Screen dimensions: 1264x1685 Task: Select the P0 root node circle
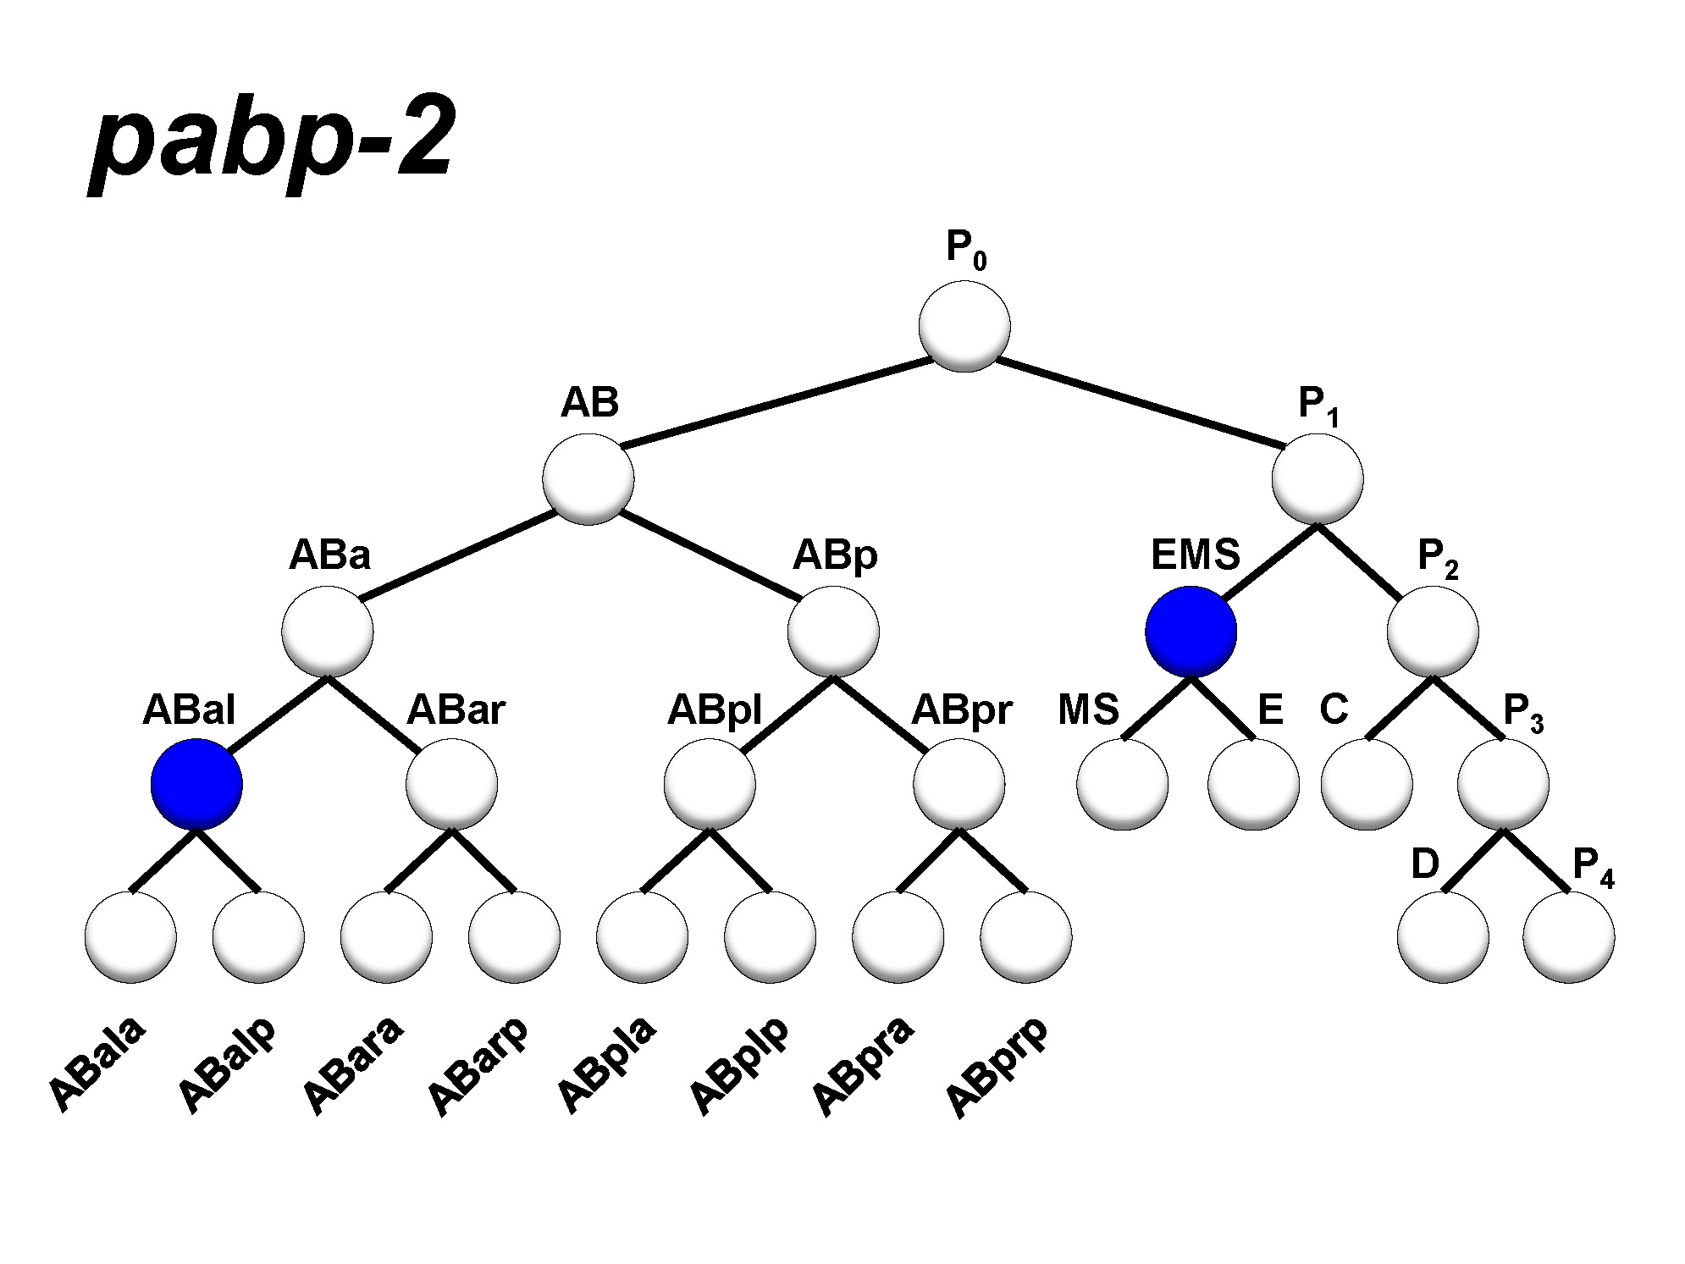(x=964, y=326)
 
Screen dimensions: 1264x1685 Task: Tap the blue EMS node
(x=1191, y=632)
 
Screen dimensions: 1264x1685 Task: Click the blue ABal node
(x=196, y=784)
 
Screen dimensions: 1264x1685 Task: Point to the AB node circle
(x=588, y=479)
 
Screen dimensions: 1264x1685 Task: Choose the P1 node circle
(x=1318, y=479)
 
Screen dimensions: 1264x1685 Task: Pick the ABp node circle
(x=833, y=632)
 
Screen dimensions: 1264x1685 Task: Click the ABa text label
(x=329, y=555)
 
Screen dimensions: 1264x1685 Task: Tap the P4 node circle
(x=1568, y=937)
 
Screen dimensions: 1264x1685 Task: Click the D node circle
(x=1443, y=937)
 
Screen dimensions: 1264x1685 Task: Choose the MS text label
(x=1088, y=709)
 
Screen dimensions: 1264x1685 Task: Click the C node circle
(x=1367, y=784)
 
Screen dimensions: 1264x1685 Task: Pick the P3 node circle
(x=1503, y=784)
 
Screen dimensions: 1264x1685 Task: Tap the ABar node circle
(x=451, y=784)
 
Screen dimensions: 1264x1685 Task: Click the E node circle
(x=1253, y=784)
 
